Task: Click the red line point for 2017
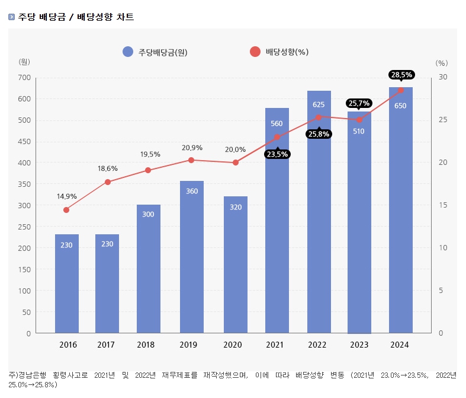click(107, 182)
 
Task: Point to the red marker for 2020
click(235, 163)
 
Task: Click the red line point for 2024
click(400, 90)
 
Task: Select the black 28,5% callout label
click(401, 75)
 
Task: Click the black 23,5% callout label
click(278, 154)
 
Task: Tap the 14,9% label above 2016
click(66, 196)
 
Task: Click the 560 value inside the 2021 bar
click(277, 124)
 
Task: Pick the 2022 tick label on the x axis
click(317, 345)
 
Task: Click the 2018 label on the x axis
click(146, 345)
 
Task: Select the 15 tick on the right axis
click(442, 205)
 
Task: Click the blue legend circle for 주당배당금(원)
click(128, 52)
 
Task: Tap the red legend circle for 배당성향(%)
click(255, 52)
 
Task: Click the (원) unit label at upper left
click(24, 62)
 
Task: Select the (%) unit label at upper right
click(442, 62)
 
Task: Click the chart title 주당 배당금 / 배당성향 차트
click(76, 17)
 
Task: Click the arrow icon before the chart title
click(12, 17)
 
